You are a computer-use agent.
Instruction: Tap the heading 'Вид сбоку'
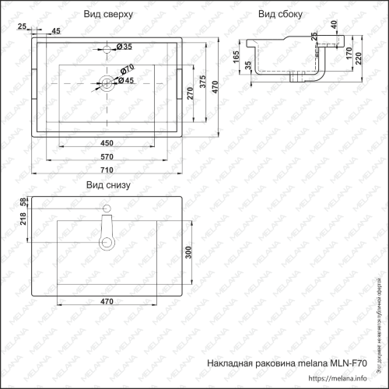click(281, 15)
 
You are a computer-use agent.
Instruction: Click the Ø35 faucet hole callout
click(124, 47)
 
